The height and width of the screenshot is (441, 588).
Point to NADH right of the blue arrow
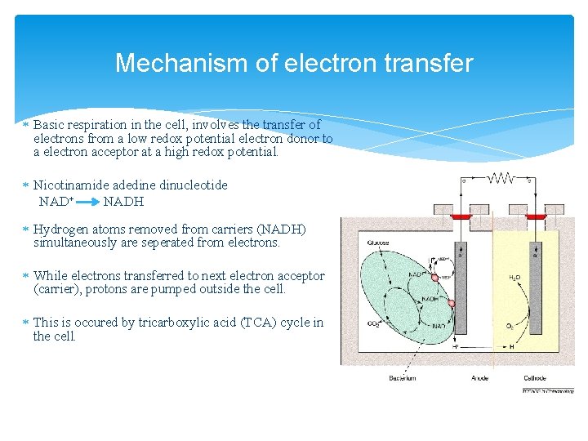tap(123, 201)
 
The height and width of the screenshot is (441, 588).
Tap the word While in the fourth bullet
tap(50, 276)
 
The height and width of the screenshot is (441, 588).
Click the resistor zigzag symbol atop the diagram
tap(501, 178)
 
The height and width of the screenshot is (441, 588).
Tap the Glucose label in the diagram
tap(379, 243)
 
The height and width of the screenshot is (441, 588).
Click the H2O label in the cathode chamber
tap(515, 278)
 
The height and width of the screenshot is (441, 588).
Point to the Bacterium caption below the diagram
tap(402, 377)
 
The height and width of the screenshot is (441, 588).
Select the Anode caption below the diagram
tap(480, 377)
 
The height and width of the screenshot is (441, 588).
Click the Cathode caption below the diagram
tap(536, 377)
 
